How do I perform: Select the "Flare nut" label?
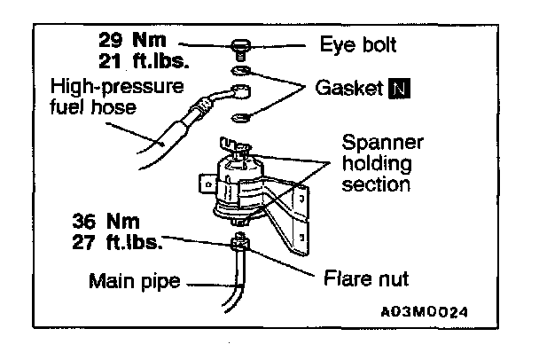tap(364, 278)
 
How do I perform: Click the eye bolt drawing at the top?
tap(240, 46)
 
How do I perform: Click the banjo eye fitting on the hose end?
tap(237, 93)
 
